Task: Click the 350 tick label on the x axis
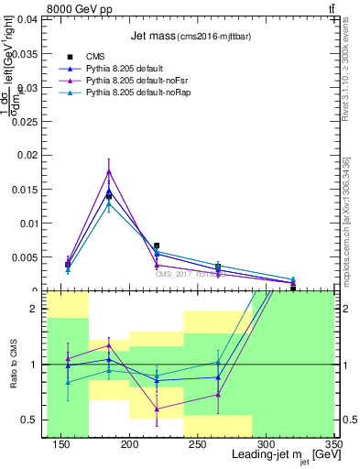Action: tap(333, 445)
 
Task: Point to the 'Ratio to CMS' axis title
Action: tap(14, 365)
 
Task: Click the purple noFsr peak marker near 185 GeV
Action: tap(109, 171)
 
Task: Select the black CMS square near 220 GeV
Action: tap(157, 245)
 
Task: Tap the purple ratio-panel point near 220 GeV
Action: tap(157, 409)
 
